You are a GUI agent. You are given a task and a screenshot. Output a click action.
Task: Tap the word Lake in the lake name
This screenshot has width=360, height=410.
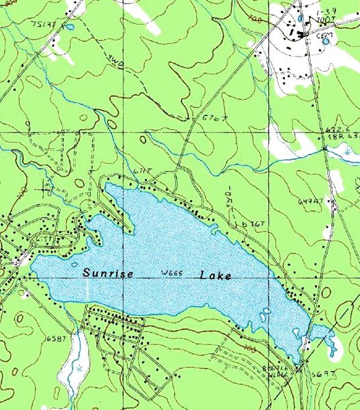[x=215, y=275]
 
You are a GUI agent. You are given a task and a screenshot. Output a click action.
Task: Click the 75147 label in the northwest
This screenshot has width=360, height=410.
[x=42, y=24]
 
